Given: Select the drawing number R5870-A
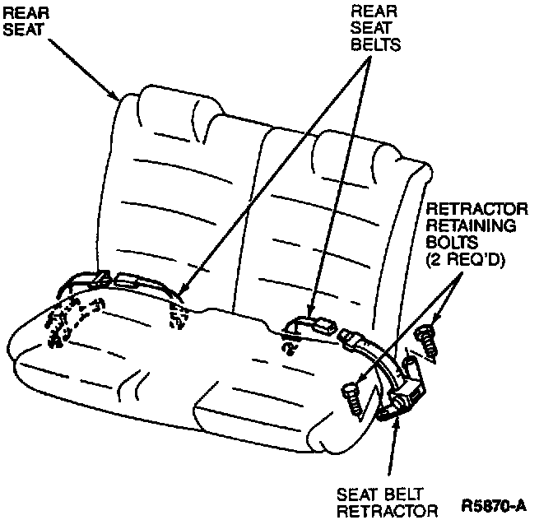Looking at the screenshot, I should point(497,502).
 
